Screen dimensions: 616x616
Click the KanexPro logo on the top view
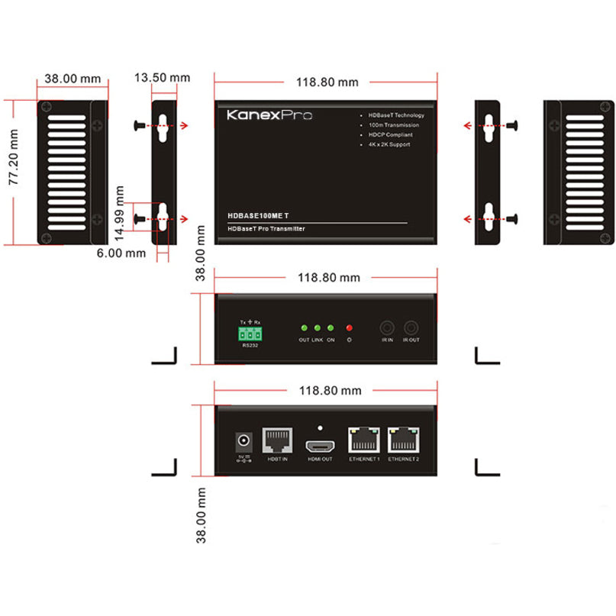tap(269, 116)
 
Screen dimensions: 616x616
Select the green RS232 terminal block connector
tap(250, 334)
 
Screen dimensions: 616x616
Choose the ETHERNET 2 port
tap(402, 440)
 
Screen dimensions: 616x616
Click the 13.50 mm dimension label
tap(162, 77)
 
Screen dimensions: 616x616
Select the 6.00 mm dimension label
tap(120, 252)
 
